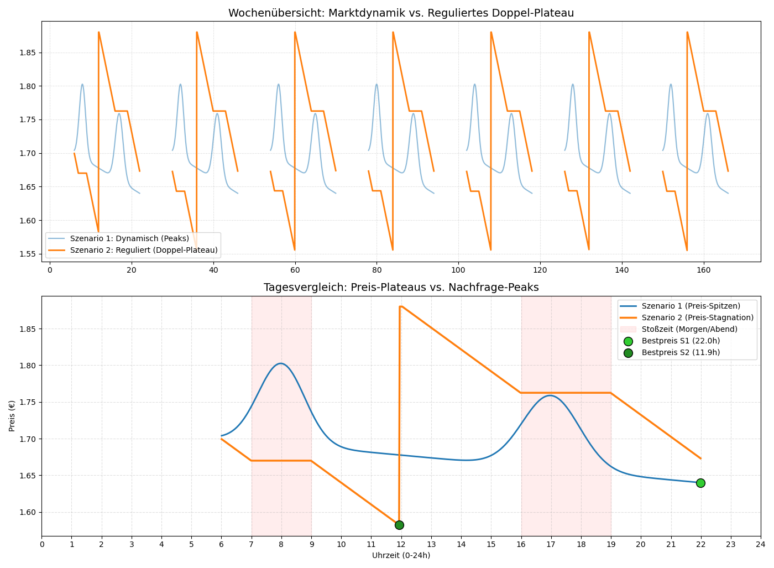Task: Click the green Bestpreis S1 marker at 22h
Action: [700, 483]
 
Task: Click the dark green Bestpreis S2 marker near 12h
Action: [399, 525]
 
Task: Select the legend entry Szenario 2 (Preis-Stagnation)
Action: [697, 317]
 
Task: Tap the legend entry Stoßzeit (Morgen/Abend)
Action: [689, 329]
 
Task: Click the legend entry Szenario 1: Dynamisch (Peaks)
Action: [129, 238]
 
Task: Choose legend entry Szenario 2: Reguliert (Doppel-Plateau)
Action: [143, 250]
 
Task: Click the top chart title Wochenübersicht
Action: [401, 13]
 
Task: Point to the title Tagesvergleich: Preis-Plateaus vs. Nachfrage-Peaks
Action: [401, 287]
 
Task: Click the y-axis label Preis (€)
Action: [12, 416]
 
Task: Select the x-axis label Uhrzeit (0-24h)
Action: [401, 555]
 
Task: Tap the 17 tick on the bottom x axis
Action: [551, 545]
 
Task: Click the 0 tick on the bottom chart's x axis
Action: [41, 545]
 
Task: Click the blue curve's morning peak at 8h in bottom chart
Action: [281, 363]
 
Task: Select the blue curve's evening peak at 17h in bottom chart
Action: [551, 395]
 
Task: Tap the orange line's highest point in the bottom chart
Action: [400, 306]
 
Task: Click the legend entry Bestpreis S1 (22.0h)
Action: [681, 341]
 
